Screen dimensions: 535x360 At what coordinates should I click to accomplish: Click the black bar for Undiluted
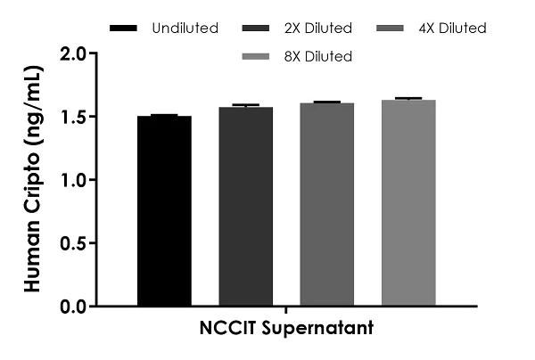point(164,210)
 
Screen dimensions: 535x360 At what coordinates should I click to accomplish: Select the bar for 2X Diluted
point(246,206)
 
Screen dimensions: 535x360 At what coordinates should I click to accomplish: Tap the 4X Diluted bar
point(327,204)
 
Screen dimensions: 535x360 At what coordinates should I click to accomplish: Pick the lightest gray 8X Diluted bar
point(408,203)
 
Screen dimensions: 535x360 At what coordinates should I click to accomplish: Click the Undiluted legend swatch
point(123,29)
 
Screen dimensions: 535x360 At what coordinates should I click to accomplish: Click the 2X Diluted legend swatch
point(256,29)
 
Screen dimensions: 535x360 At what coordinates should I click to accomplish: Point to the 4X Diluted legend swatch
point(390,29)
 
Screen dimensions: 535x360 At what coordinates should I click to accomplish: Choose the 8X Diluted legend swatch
point(256,57)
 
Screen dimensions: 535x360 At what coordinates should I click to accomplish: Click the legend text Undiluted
point(185,28)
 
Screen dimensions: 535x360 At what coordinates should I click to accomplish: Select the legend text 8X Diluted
point(318,56)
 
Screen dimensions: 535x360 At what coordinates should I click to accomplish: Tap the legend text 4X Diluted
point(452,28)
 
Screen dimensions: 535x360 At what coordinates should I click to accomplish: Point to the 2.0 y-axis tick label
point(73,53)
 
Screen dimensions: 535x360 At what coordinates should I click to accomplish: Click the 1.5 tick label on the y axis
point(73,117)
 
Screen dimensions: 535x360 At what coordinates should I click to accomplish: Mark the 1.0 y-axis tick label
point(73,180)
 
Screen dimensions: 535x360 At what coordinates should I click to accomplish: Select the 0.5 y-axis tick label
point(73,243)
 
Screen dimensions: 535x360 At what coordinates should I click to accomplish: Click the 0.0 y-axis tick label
point(73,307)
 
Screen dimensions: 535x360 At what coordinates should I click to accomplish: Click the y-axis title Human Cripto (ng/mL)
point(33,178)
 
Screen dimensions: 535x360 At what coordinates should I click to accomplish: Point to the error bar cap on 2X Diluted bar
point(246,104)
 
